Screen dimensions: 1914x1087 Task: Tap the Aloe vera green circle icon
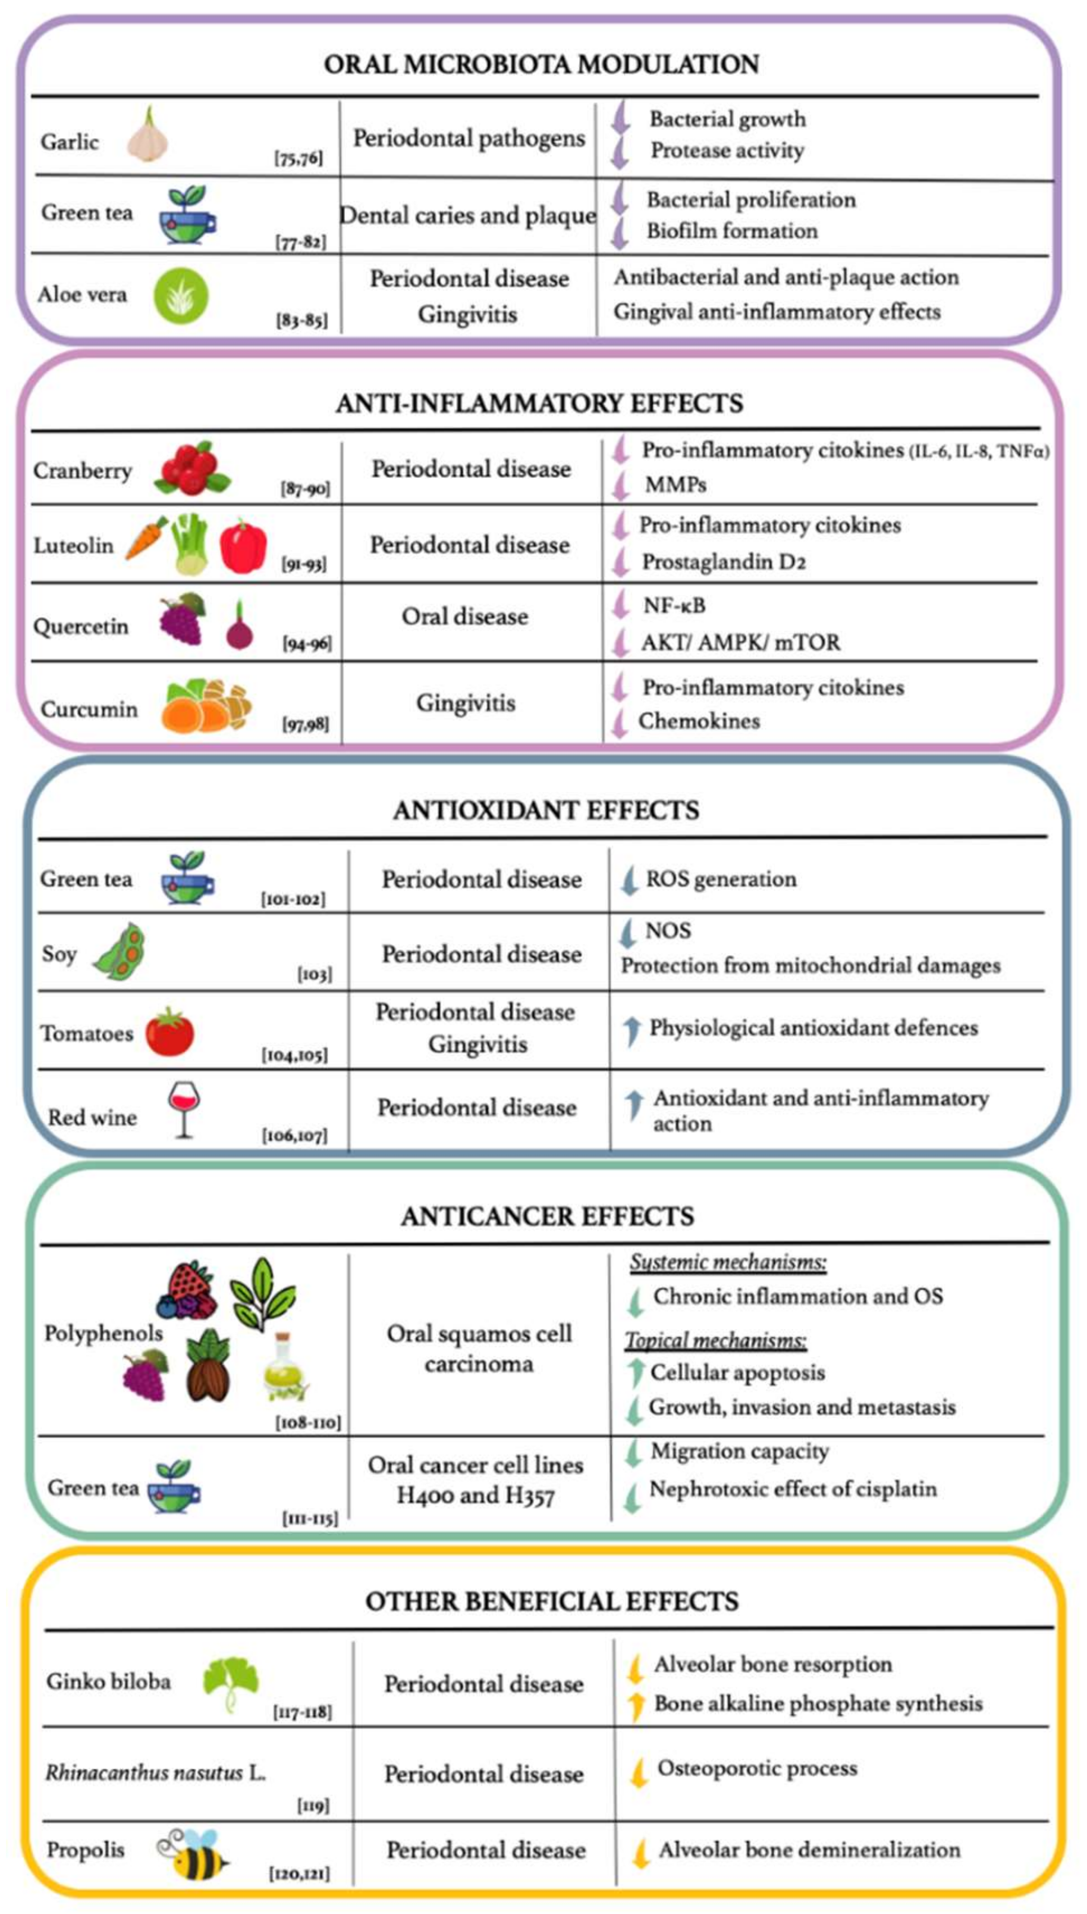181,296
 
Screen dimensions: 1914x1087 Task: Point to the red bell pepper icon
243,545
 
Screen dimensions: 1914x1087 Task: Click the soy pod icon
120,951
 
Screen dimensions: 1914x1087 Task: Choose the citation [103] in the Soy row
315,974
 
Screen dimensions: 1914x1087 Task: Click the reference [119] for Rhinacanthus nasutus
313,1806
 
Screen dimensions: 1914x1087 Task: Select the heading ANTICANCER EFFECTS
547,1217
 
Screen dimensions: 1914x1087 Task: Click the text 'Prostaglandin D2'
724,562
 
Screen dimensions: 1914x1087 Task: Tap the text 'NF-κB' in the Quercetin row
674,605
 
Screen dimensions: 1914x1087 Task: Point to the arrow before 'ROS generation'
629,879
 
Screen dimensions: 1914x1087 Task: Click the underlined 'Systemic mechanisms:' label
728,1262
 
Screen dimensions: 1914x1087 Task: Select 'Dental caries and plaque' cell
468,216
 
